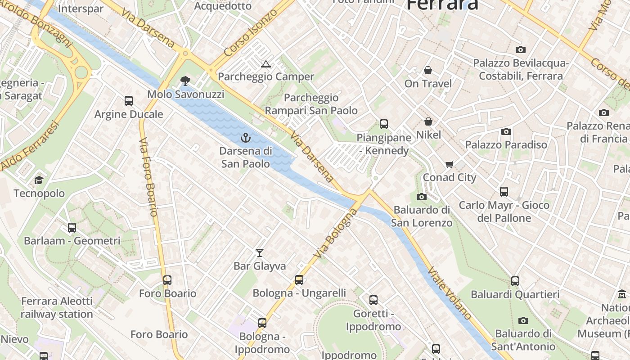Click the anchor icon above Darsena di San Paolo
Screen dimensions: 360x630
click(246, 137)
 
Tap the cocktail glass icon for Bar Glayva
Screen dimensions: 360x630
click(260, 252)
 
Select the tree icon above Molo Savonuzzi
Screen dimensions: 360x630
click(185, 81)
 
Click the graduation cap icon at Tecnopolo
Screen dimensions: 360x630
click(39, 180)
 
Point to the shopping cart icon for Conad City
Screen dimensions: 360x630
click(449, 164)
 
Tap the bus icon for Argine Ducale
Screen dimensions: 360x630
click(129, 101)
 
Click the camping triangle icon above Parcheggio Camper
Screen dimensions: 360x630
click(266, 64)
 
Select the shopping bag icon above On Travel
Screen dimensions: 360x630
click(427, 70)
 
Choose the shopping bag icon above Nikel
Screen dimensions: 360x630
click(428, 121)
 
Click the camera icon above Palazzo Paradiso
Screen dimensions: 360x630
click(506, 131)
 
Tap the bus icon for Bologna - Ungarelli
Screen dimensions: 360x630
click(299, 280)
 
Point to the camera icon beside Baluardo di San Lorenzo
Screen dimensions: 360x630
click(422, 197)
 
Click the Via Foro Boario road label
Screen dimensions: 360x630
click(148, 178)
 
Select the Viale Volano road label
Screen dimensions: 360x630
click(450, 293)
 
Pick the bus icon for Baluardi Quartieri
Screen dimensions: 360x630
click(515, 281)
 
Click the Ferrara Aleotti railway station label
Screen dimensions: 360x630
click(57, 307)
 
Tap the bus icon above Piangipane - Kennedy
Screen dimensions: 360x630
click(384, 124)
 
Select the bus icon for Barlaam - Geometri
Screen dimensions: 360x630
click(72, 228)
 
